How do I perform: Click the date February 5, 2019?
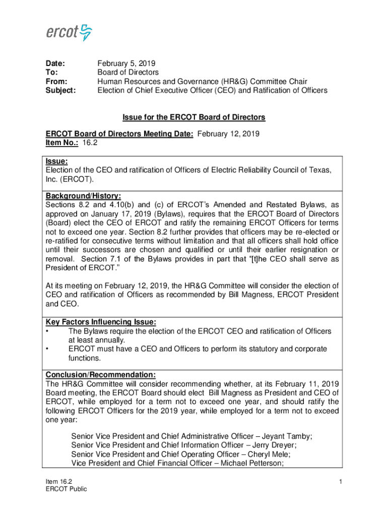click(x=126, y=63)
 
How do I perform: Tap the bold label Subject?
click(x=61, y=91)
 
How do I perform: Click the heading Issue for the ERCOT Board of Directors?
click(x=193, y=117)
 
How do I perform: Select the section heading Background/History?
click(x=83, y=196)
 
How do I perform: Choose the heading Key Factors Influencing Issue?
click(x=101, y=322)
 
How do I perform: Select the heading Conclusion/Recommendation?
click(x=100, y=375)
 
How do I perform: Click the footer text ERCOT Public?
click(x=66, y=489)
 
